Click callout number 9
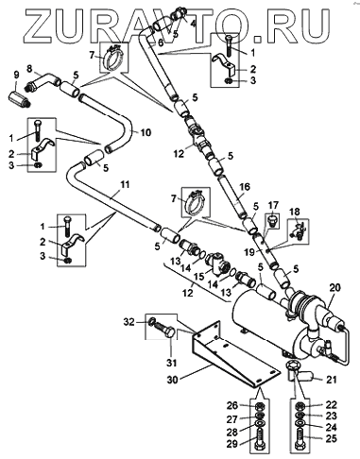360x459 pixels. click(x=16, y=76)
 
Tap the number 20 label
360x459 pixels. click(x=336, y=287)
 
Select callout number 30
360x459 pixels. click(x=173, y=380)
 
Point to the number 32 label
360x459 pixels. click(x=129, y=322)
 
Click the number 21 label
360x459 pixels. click(x=331, y=380)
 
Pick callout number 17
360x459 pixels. click(x=273, y=206)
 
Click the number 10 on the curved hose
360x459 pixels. click(x=146, y=132)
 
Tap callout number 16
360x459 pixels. click(x=245, y=187)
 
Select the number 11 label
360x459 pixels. click(x=125, y=184)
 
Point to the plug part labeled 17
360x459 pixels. click(x=273, y=221)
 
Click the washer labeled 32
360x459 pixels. click(x=152, y=321)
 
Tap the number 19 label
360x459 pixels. click(x=251, y=252)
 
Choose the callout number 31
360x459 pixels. click(x=171, y=363)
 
